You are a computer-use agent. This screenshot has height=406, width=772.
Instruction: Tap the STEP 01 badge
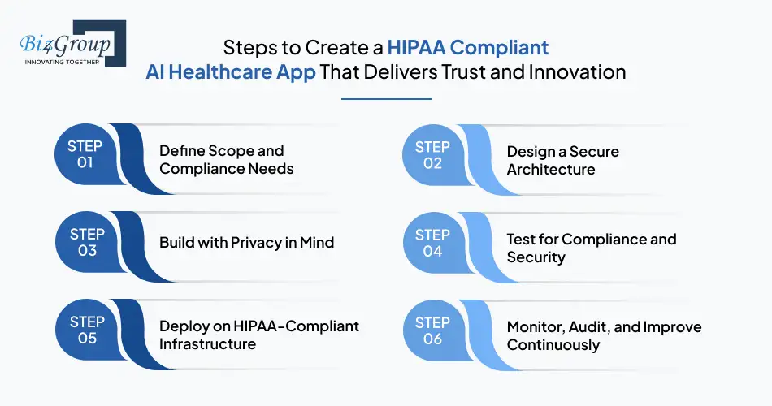[x=85, y=154]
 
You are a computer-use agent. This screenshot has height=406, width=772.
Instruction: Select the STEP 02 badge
[x=433, y=155]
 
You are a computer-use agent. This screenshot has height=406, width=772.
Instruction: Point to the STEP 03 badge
[x=87, y=242]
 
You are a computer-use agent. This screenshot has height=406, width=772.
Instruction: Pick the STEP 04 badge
[x=433, y=243]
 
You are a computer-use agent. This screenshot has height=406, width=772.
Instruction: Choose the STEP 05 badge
[x=87, y=330]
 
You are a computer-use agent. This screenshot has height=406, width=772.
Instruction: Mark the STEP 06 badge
[x=433, y=330]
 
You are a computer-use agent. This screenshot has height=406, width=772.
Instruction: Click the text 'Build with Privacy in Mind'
[x=247, y=242]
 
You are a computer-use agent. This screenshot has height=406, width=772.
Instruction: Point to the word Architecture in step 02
[x=551, y=169]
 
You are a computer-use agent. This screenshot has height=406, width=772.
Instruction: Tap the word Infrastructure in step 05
[x=207, y=343]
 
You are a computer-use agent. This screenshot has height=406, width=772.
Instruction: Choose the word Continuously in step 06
[x=553, y=345]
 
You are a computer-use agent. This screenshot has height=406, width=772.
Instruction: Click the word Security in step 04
[x=536, y=257]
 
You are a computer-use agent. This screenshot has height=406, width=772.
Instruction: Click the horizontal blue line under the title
[x=387, y=99]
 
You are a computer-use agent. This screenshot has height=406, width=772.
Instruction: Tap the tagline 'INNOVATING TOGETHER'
[x=62, y=62]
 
